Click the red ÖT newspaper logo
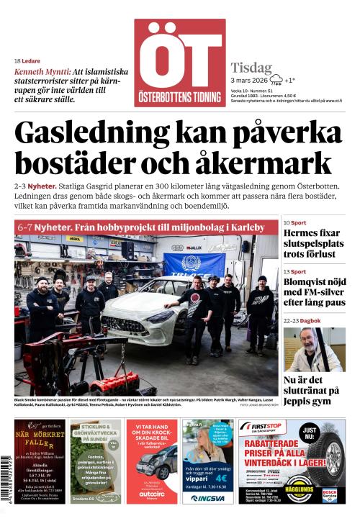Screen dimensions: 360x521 [x=179, y=63]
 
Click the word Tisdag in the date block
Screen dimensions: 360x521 [x=251, y=68]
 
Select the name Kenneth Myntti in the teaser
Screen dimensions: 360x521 [x=42, y=72]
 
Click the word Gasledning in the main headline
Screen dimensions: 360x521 [x=87, y=132]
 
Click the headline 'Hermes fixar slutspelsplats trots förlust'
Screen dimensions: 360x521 [x=314, y=243]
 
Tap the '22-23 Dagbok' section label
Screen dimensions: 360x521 [x=302, y=321]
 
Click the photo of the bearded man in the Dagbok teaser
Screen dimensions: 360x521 [x=314, y=350]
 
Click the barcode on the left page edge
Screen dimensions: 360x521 [x=6, y=468]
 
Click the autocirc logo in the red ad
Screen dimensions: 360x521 [x=151, y=496]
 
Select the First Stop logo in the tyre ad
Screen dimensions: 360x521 [x=264, y=427]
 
